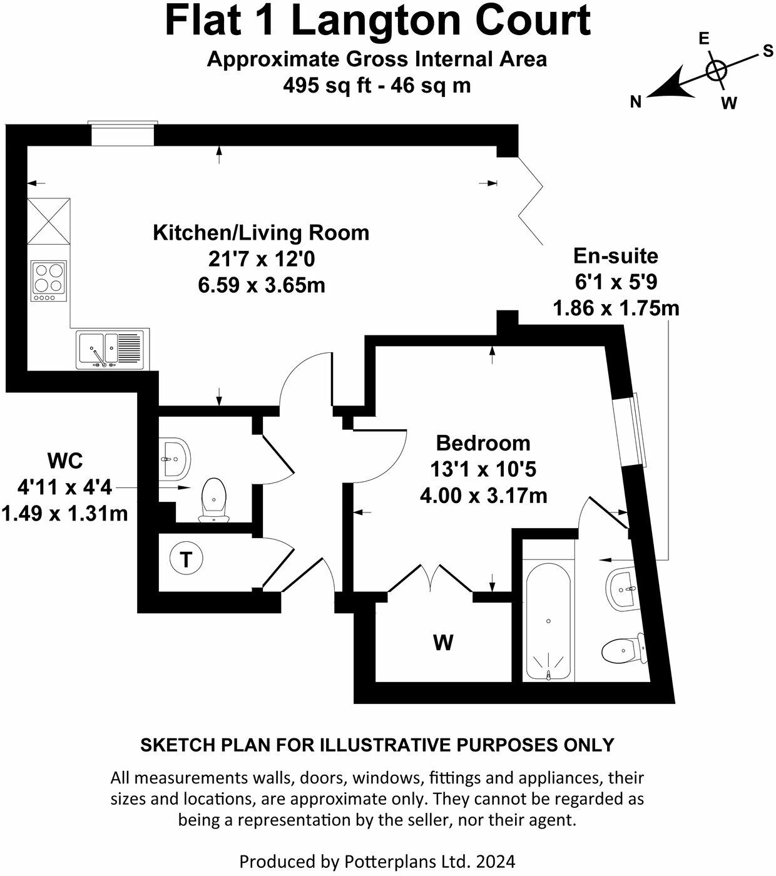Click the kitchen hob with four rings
pyautogui.click(x=49, y=280)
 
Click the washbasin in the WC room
pyautogui.click(x=173, y=458)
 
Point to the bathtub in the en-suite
pyautogui.click(x=548, y=626)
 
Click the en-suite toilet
pyautogui.click(x=622, y=651)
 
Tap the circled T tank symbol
pyautogui.click(x=186, y=559)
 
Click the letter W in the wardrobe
pyautogui.click(x=443, y=643)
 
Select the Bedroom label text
pyautogui.click(x=483, y=443)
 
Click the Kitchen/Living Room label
pyautogui.click(x=261, y=233)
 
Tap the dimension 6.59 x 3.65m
pyautogui.click(x=261, y=285)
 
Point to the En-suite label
pyautogui.click(x=616, y=256)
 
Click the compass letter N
pyautogui.click(x=636, y=102)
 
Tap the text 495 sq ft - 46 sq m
pyautogui.click(x=377, y=84)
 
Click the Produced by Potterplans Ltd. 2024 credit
pyautogui.click(x=377, y=862)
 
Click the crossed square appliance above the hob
pyautogui.click(x=49, y=222)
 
